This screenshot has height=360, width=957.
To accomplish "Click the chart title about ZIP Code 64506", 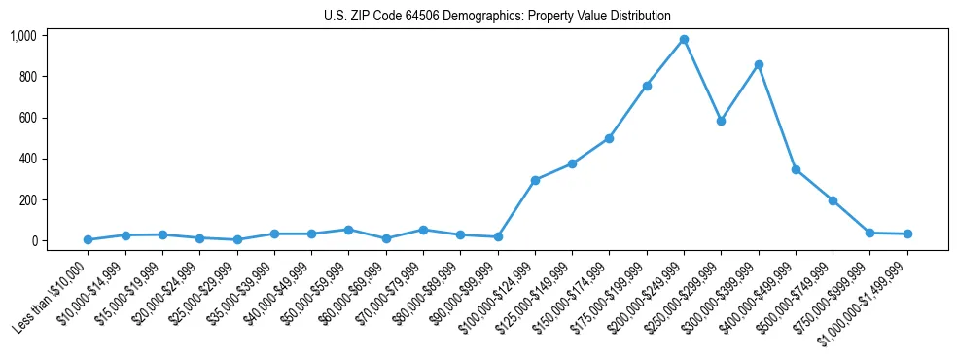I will coord(497,16).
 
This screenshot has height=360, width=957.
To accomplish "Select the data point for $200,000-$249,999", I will coord(684,39).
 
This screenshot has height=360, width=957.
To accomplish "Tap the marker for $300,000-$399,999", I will coord(759,64).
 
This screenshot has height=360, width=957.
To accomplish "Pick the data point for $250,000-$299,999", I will coord(721,121).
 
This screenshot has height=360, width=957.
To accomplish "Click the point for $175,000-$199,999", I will coord(647,86).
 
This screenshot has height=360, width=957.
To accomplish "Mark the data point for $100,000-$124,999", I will coord(535,180).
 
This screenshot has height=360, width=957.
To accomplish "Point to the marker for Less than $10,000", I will coord(88,239).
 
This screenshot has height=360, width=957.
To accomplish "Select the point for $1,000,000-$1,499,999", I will coord(907,234).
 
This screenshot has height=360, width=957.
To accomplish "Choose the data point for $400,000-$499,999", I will coord(796,169).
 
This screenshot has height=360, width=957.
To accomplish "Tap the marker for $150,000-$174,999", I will coord(609,138).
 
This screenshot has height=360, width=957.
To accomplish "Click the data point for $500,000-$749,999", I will coord(833,200).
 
